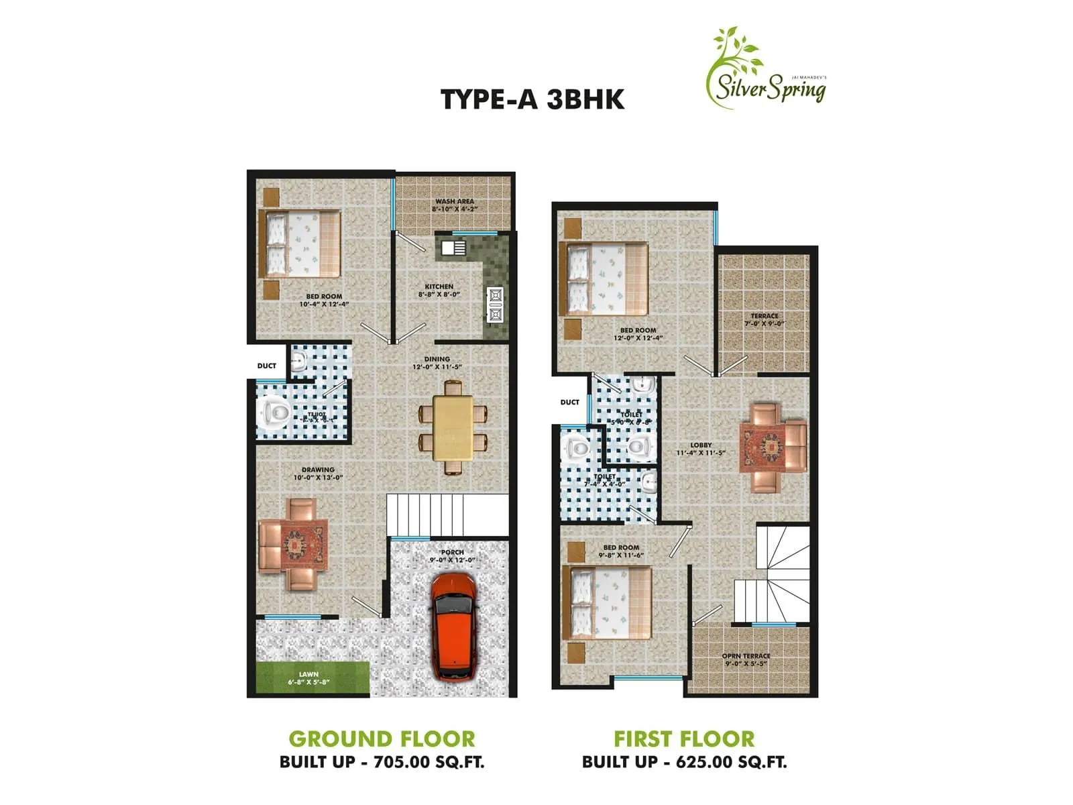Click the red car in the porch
(453, 626)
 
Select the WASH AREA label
(455, 205)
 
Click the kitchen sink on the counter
(454, 248)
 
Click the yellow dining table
(453, 428)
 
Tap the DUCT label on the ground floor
(267, 366)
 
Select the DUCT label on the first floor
(569, 402)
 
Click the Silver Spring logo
(767, 70)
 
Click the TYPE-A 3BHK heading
(532, 99)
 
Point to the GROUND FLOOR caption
(382, 739)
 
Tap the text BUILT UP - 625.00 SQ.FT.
(685, 762)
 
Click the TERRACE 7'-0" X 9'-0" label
(765, 320)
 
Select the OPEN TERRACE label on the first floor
(746, 660)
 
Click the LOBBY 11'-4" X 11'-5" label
(701, 449)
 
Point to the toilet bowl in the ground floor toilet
(275, 411)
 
